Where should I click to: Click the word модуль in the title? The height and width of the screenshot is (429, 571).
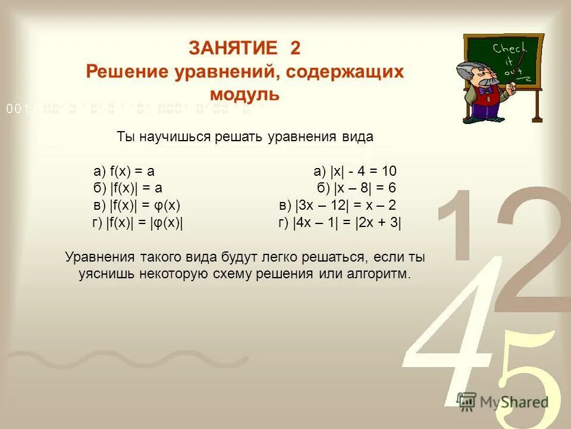(x=244, y=94)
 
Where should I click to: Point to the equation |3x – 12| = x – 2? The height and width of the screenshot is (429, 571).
(x=345, y=206)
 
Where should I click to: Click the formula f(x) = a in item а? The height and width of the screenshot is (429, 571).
(x=131, y=172)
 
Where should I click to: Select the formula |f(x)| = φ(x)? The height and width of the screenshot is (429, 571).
(x=145, y=206)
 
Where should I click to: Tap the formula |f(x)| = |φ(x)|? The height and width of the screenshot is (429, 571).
(x=145, y=223)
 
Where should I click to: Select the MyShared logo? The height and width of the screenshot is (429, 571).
(x=503, y=401)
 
